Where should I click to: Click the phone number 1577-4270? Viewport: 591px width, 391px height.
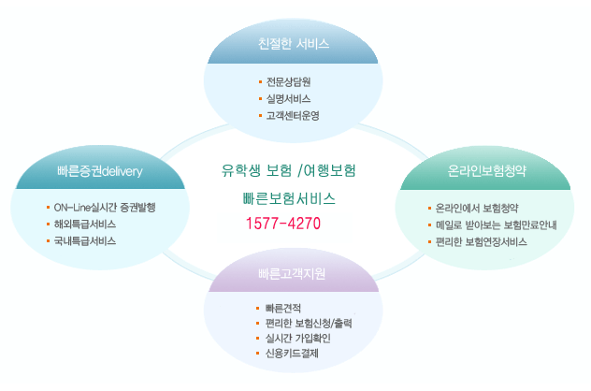[x=283, y=224]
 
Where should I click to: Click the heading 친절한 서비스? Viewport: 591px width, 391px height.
[x=294, y=44]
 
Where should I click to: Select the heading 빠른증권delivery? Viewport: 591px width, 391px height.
[x=100, y=171]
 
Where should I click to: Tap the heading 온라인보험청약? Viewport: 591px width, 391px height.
[x=486, y=171]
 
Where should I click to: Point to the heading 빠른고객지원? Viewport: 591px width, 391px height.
[x=292, y=274]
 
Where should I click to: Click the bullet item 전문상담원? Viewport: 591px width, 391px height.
[x=288, y=81]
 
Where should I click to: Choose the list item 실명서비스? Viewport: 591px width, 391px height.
[x=288, y=99]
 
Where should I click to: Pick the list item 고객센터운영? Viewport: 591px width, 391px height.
[x=293, y=115]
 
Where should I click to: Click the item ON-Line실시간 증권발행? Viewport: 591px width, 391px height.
[x=105, y=208]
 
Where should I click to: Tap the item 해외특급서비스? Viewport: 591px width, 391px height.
[x=85, y=224]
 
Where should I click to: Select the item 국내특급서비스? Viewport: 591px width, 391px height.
[x=85, y=241]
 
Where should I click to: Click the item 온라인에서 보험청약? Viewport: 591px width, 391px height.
[x=477, y=208]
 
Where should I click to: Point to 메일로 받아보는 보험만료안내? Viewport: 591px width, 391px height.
[x=496, y=225]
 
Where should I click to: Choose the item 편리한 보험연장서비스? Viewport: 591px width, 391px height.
[x=482, y=241]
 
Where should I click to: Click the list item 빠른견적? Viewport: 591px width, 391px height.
[x=283, y=309]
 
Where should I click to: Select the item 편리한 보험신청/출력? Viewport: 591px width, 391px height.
[x=309, y=324]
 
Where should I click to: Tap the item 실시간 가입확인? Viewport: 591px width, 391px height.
[x=297, y=339]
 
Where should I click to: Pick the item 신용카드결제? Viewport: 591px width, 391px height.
[x=292, y=354]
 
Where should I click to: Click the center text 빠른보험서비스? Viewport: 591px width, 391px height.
[x=289, y=198]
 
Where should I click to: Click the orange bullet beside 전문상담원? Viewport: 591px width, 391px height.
[x=261, y=81]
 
